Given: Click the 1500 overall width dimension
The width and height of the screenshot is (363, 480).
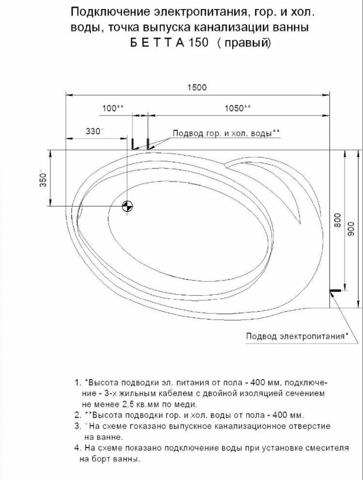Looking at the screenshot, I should coord(197,87).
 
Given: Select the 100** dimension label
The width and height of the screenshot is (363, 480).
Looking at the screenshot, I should coord(113,109).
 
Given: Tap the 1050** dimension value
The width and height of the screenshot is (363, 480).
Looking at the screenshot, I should coord(238,109).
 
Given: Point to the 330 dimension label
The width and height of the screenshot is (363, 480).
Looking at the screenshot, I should coord(93,131).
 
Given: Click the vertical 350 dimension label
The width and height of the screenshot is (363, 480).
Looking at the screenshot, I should coord(42,179).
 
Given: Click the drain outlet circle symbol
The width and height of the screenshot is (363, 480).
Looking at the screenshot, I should coord(127,206).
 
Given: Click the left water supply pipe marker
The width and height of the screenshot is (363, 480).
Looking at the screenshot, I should coord(132,143).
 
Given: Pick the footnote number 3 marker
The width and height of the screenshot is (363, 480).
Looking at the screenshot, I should coord(77,426).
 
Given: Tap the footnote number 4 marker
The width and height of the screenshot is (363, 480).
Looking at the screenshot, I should coord(77,448).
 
